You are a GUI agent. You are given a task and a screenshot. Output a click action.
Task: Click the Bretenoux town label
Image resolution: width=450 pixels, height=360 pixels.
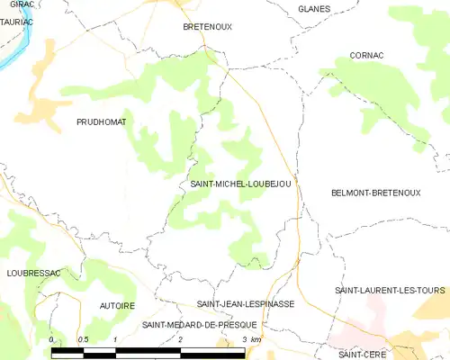(207, 27)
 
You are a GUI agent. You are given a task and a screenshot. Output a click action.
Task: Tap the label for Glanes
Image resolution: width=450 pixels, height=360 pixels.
(314, 9)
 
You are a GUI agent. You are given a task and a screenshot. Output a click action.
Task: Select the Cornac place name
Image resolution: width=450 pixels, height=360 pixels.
(367, 55)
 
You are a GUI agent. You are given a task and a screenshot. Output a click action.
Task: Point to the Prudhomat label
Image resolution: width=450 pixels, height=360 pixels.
(101, 121)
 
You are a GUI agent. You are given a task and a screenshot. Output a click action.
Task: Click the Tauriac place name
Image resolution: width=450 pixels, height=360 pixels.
(16, 21)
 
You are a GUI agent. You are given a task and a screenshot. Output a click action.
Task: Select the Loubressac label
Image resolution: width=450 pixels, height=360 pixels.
(31, 271)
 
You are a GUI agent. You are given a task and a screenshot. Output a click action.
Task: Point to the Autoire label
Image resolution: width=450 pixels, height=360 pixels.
(112, 306)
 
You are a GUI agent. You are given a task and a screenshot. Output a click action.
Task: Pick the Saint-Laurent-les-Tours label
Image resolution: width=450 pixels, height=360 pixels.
(391, 290)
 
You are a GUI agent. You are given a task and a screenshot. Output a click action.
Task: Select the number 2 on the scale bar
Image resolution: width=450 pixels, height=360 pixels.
(181, 339)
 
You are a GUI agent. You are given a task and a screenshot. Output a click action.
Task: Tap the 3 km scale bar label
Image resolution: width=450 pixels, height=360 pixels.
(251, 339)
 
